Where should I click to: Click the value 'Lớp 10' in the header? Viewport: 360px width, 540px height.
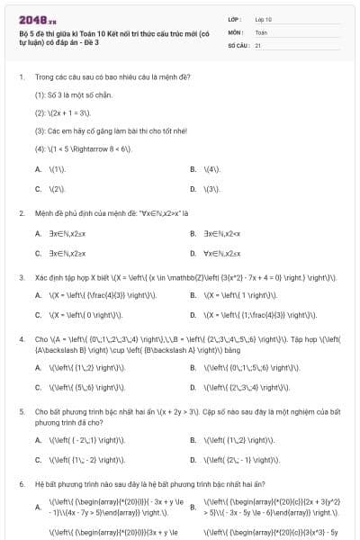(264, 18)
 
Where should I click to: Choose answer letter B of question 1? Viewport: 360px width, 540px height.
(193, 168)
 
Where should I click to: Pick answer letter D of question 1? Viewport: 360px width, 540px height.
(193, 189)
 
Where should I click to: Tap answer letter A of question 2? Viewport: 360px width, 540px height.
(38, 233)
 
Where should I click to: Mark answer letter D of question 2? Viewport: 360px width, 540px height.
(193, 254)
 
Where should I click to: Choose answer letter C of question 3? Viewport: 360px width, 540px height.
(38, 315)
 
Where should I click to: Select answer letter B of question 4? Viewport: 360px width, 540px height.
(193, 367)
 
